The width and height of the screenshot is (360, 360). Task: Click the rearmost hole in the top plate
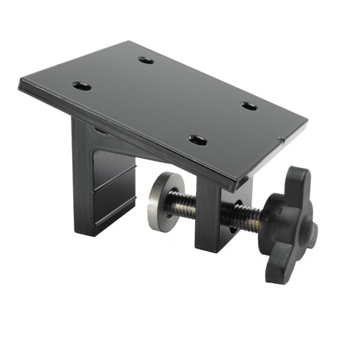146,60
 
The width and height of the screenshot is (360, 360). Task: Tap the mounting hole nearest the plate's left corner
82,86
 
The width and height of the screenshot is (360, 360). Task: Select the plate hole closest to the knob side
250,106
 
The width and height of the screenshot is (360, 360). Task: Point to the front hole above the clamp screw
197,140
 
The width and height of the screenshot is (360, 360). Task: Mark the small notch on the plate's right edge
281,140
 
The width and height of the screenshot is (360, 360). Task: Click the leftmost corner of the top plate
20,83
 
